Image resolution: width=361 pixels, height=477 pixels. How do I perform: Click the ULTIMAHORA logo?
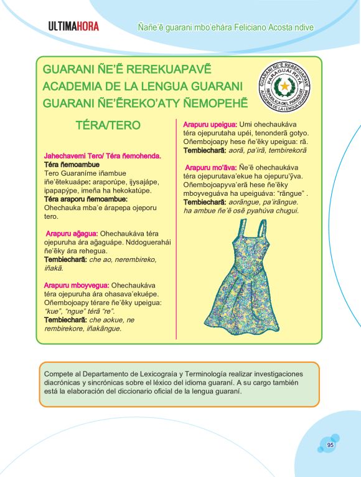coord(73,27)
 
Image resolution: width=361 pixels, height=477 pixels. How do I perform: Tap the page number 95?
coord(331,445)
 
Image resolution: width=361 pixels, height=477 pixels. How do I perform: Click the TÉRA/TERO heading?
coord(108,125)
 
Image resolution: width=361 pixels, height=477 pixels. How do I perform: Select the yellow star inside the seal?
coord(285,85)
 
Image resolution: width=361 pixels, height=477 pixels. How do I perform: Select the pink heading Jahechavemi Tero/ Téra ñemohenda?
coord(103,155)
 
